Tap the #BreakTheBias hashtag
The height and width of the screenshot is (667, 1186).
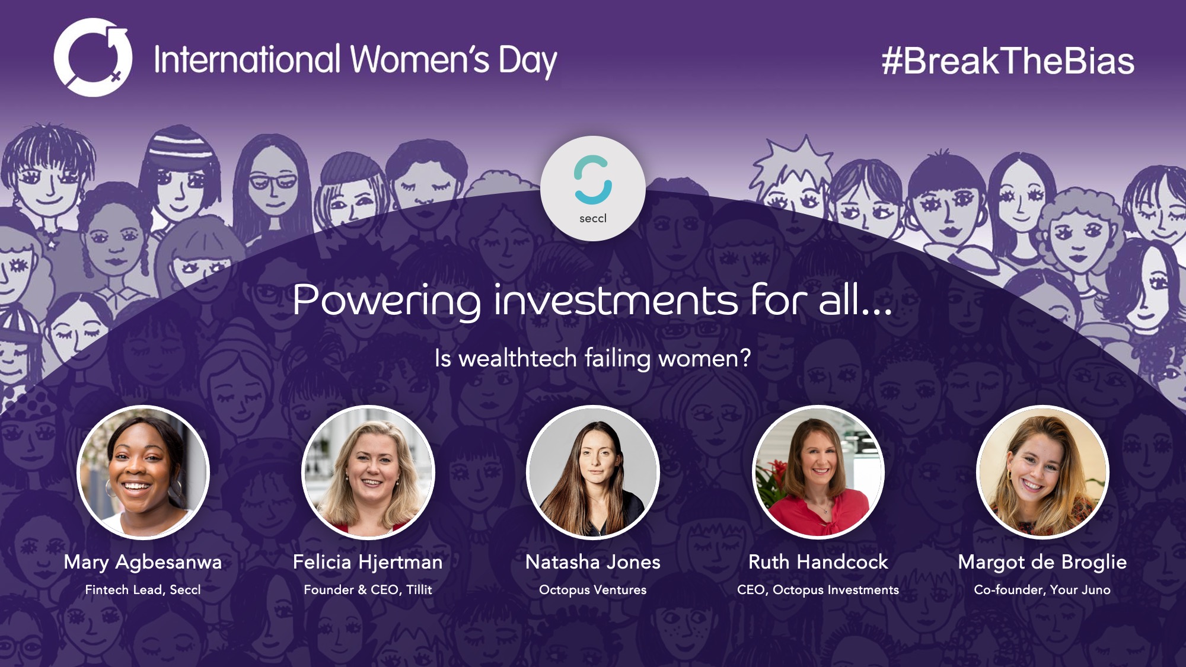tap(1008, 61)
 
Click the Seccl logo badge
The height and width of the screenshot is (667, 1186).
tap(593, 189)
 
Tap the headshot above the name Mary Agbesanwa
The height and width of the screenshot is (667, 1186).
tap(143, 472)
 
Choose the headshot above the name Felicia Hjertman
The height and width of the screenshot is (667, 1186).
tap(368, 472)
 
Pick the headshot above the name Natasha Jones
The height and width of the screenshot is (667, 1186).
tap(593, 472)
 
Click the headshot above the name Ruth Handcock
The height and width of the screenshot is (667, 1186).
tap(818, 472)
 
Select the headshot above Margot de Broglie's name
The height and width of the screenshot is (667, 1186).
tap(1042, 472)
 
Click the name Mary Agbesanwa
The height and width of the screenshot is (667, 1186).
tap(143, 562)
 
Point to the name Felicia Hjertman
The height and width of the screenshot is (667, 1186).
tap(368, 562)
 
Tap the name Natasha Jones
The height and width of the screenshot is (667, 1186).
tap(593, 562)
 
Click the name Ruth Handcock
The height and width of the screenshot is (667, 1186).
tap(818, 562)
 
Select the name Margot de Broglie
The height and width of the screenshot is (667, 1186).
tap(1042, 563)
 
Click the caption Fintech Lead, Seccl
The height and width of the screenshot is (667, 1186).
tap(143, 590)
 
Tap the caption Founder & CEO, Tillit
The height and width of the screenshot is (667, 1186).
tap(368, 590)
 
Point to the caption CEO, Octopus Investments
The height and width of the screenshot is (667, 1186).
tap(818, 590)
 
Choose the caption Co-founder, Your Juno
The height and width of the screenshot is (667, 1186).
tap(1042, 590)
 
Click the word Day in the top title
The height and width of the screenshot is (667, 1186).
tap(527, 61)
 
